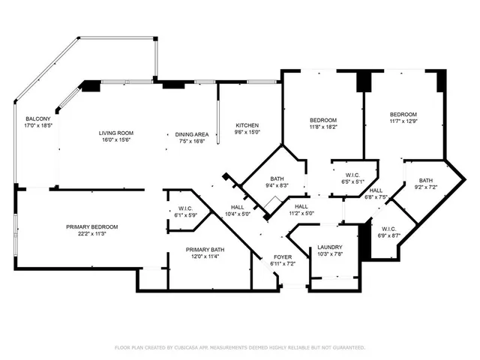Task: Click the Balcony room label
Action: point(38,119)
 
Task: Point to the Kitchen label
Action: point(247,125)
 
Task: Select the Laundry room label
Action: point(330,247)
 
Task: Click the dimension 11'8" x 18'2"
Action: point(323,127)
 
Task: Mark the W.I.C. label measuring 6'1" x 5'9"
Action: point(186,208)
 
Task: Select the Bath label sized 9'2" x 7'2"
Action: point(426,180)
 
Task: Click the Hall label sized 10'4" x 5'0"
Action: point(237,208)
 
